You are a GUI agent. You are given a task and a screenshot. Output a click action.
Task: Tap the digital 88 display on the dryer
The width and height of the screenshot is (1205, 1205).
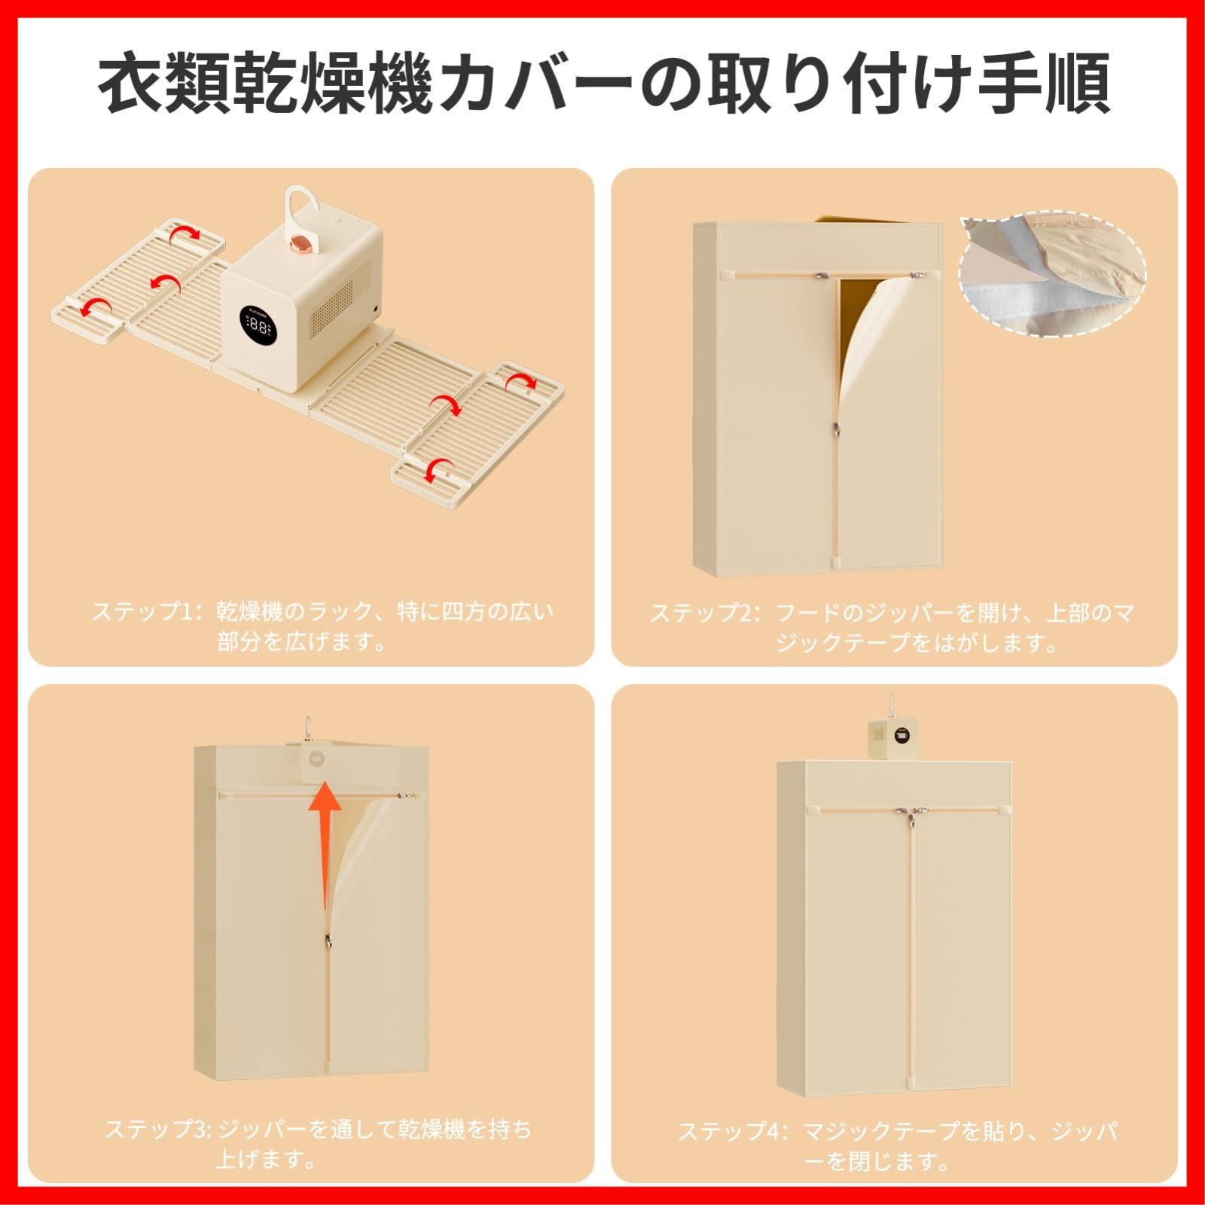click(258, 325)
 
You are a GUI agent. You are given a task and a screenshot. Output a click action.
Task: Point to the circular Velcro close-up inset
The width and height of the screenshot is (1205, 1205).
click(1053, 275)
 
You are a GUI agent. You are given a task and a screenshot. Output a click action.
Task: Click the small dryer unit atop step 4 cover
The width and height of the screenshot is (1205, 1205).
click(893, 738)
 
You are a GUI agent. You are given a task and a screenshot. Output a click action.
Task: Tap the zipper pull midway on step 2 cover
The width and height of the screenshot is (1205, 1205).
click(835, 429)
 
